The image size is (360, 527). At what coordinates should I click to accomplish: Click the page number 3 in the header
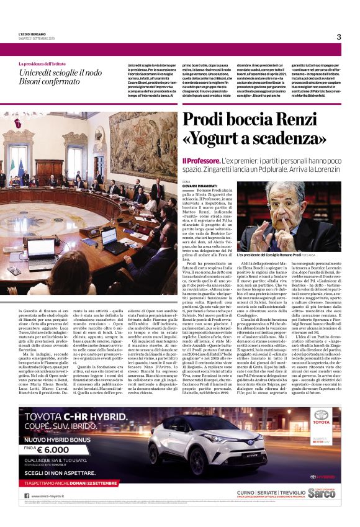tap(339, 37)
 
